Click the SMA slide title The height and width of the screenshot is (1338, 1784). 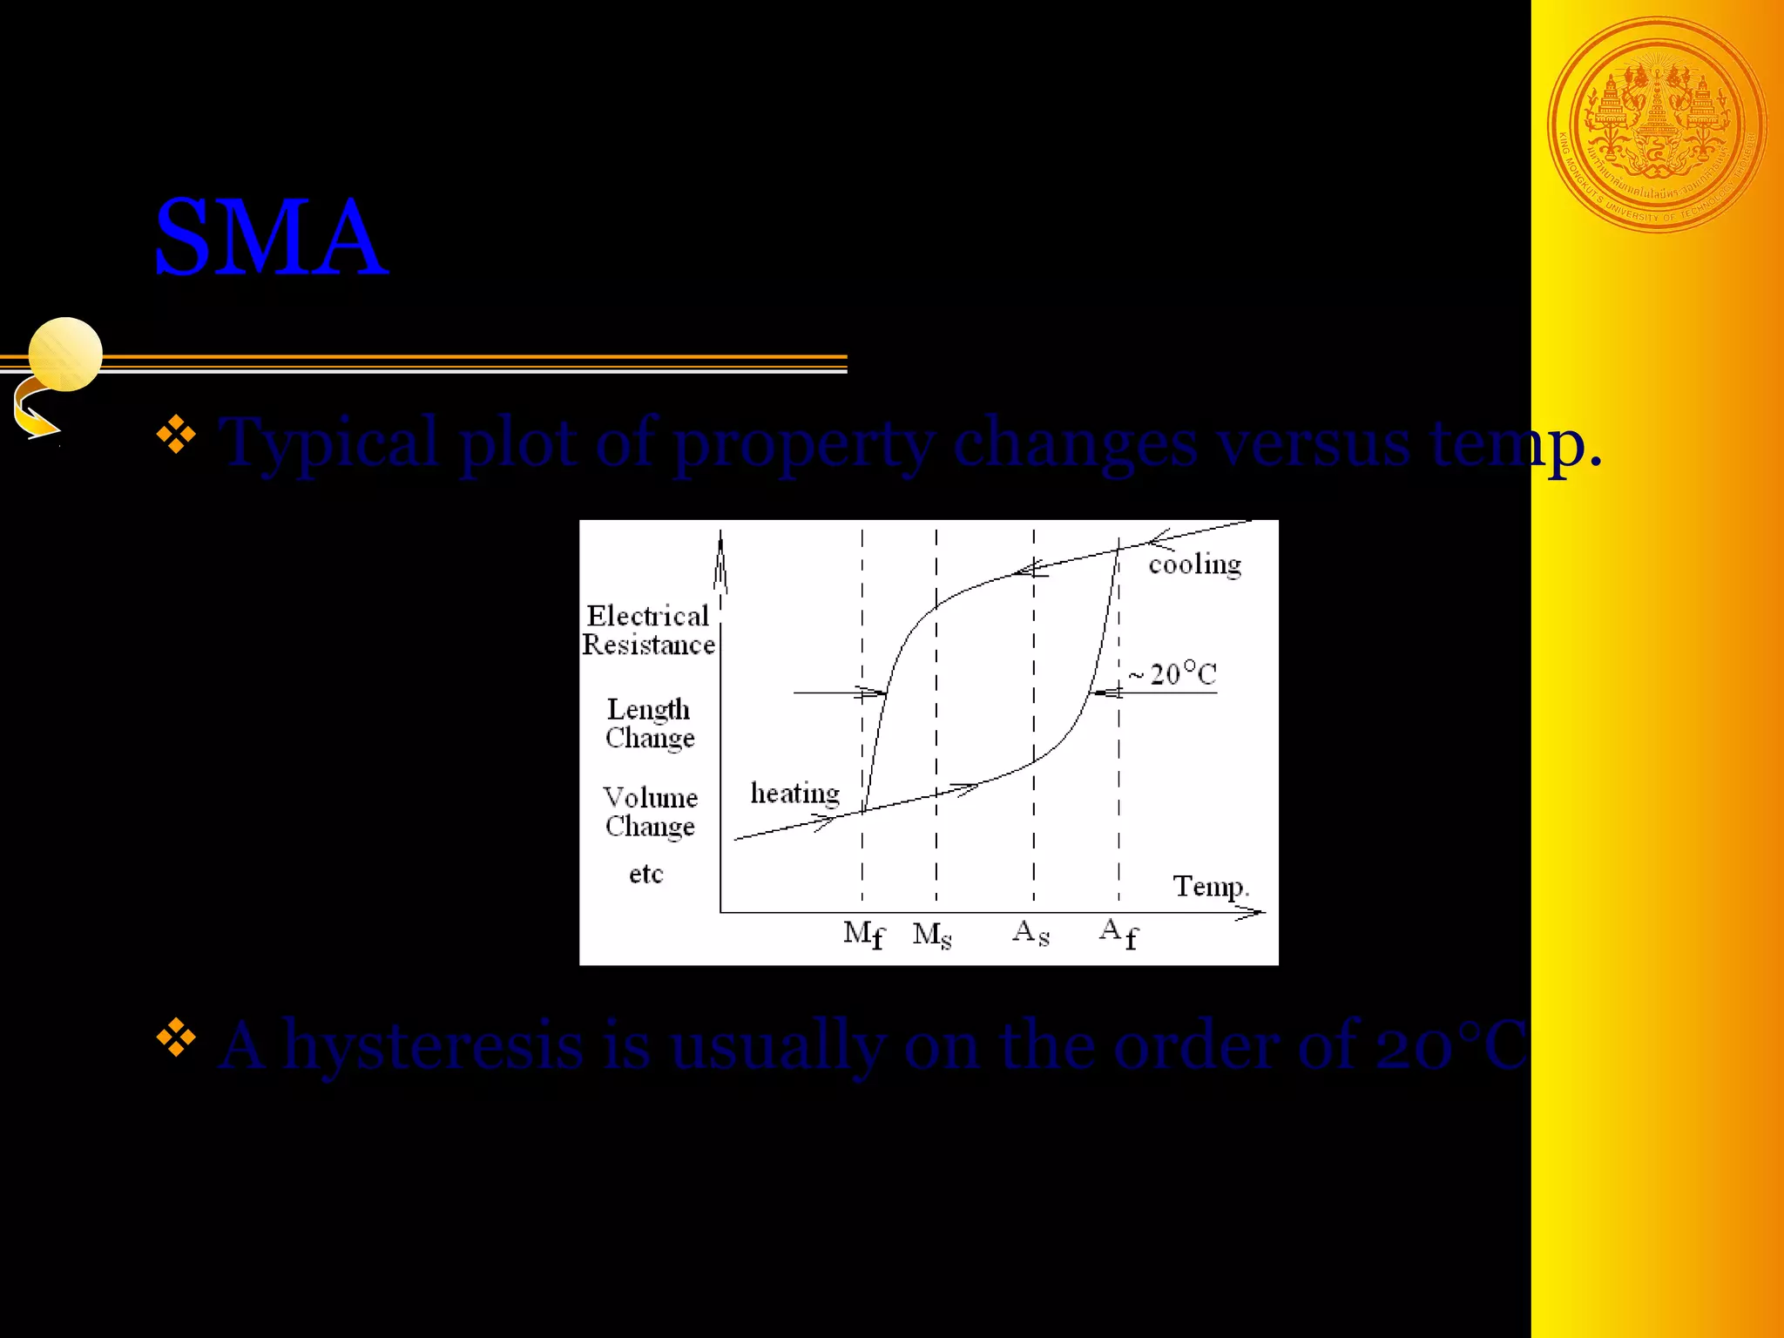click(270, 238)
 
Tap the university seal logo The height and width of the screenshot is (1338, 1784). click(1657, 125)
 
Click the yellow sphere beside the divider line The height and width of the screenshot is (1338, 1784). click(65, 354)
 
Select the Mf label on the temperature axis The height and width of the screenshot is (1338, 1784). click(863, 935)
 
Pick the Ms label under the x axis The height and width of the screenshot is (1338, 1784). click(931, 935)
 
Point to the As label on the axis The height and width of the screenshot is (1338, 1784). click(1031, 933)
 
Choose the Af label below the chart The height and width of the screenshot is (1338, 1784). click(1118, 933)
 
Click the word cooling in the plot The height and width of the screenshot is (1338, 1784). click(1194, 565)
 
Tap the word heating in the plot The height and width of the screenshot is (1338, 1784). click(794, 794)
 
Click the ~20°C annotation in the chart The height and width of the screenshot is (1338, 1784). click(1172, 673)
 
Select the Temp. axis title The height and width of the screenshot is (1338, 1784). click(1211, 886)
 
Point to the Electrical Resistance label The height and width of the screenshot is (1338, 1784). click(648, 630)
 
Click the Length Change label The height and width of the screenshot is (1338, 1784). click(649, 723)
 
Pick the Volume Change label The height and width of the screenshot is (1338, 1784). click(650, 811)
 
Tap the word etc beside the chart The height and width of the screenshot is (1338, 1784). click(645, 874)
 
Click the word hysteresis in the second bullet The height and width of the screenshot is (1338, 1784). click(433, 1044)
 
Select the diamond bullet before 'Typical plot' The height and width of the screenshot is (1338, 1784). click(176, 435)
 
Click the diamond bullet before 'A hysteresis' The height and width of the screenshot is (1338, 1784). click(176, 1037)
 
